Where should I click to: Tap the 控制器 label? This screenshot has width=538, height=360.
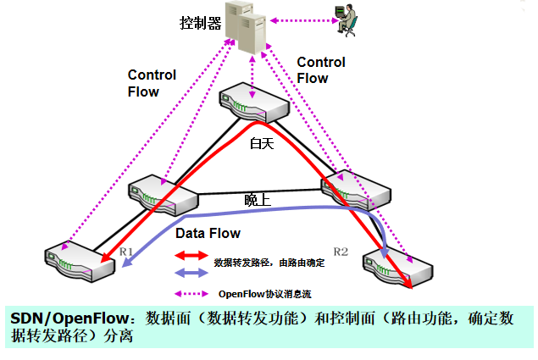200,23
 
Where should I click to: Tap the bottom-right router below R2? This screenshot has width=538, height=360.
398,268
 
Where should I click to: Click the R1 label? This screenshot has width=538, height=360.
126,251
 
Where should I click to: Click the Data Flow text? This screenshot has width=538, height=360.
208,233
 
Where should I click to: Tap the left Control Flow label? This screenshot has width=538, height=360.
152,83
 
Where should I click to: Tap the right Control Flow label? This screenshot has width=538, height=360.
321,70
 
